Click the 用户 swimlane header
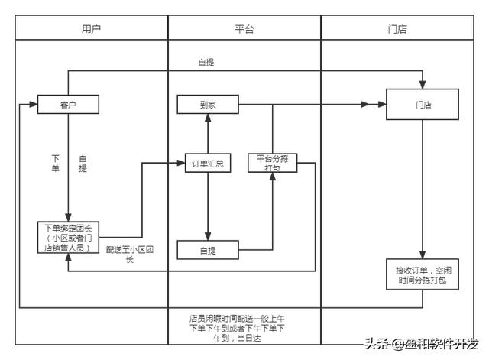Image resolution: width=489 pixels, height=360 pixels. [91, 28]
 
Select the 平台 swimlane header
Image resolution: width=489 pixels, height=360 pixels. [244, 28]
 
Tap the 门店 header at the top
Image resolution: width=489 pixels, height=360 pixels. [397, 28]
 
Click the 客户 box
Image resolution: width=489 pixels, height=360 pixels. [68, 105]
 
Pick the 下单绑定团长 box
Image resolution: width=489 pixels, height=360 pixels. [68, 237]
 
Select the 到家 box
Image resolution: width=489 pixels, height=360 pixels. [208, 105]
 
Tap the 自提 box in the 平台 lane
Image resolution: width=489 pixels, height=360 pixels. [208, 249]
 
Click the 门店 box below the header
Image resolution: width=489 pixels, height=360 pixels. [423, 105]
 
